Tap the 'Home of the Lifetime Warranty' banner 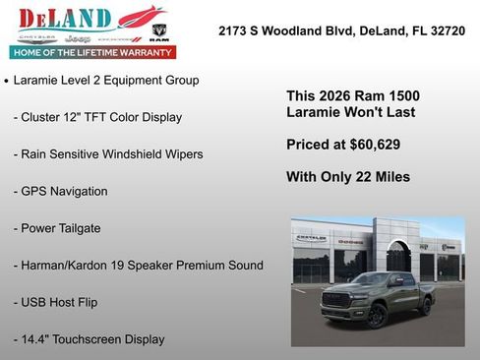pos(91,51)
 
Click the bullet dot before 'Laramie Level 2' pos(7,81)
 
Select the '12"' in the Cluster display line pos(76,117)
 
